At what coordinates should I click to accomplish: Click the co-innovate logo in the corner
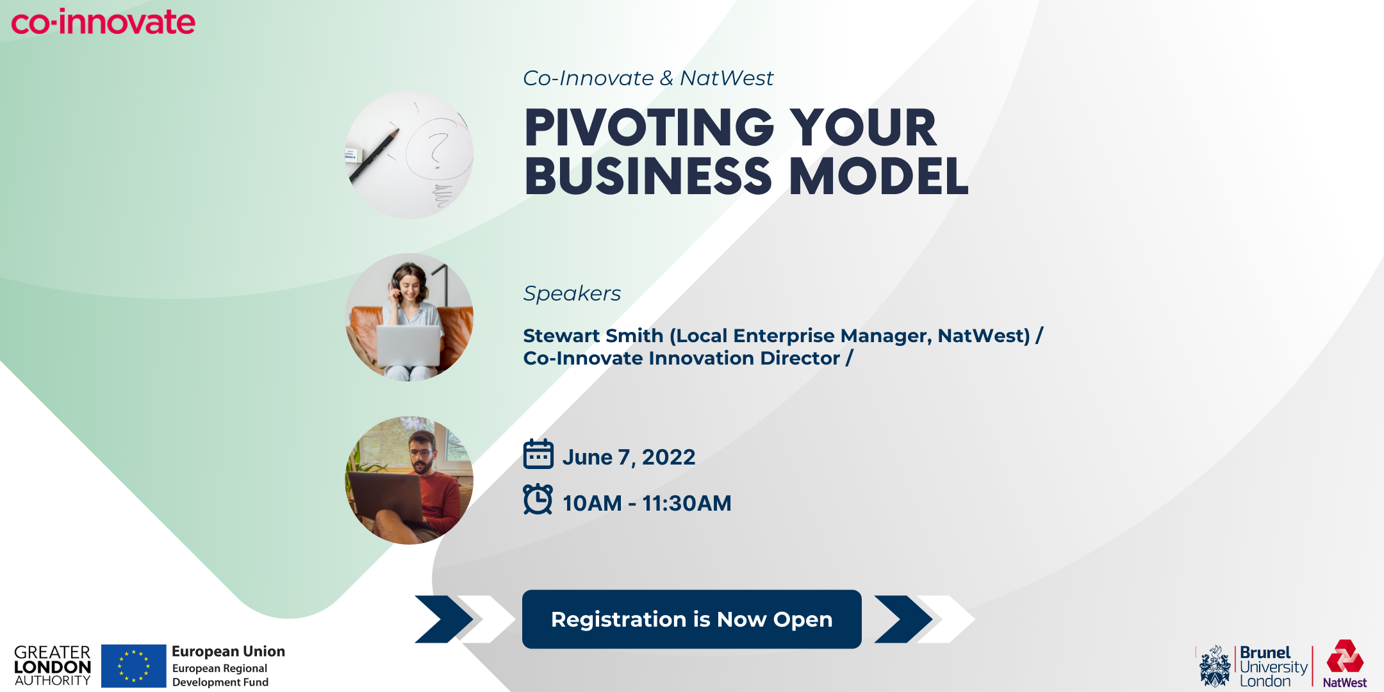tap(103, 22)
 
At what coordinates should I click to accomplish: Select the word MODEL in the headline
tap(878, 176)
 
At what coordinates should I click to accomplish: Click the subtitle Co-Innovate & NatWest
tap(648, 78)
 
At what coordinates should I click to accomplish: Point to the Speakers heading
tap(572, 293)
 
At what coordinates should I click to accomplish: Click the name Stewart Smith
tap(593, 336)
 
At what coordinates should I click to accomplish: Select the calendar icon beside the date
tap(538, 454)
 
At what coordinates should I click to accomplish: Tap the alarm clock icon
tap(538, 499)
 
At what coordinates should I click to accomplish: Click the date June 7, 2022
tap(629, 457)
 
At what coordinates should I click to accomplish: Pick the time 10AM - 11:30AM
tap(647, 503)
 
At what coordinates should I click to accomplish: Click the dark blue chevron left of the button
tap(444, 619)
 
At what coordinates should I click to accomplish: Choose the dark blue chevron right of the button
tap(903, 619)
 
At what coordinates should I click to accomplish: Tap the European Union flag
tap(134, 666)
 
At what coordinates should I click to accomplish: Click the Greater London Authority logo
tap(53, 666)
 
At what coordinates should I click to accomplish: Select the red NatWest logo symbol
tap(1345, 656)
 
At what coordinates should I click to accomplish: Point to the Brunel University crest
tap(1215, 666)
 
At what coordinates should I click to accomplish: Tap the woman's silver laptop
tap(409, 346)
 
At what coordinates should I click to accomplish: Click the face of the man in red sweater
tap(422, 454)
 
